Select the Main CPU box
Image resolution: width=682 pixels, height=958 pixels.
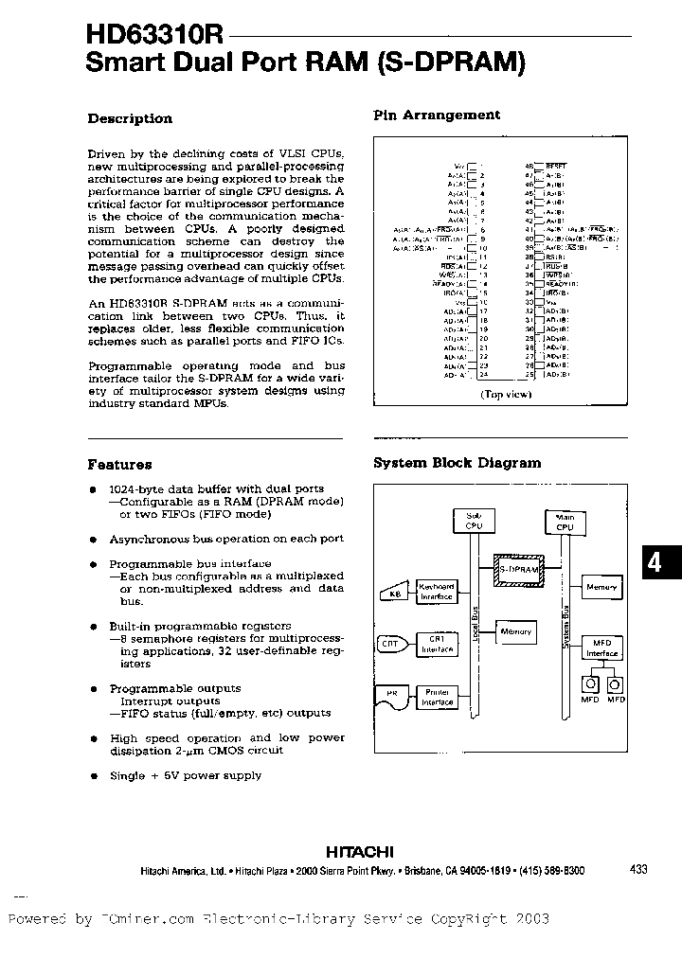click(x=566, y=521)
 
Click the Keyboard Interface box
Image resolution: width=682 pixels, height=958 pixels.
click(x=438, y=592)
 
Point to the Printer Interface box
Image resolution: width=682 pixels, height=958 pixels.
click(x=438, y=698)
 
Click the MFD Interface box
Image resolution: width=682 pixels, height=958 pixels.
click(x=601, y=648)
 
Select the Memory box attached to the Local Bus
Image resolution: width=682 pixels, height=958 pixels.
click(x=516, y=631)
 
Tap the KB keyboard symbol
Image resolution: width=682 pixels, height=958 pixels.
click(x=396, y=594)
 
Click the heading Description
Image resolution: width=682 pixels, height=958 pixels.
click(x=130, y=119)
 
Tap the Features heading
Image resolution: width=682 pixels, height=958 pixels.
click(x=119, y=465)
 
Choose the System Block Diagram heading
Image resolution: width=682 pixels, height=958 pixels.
click(x=457, y=463)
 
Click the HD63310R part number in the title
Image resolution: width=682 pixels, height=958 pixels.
click(x=154, y=35)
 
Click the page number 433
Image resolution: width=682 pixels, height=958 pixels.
click(x=637, y=869)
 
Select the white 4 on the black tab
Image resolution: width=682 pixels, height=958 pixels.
click(x=655, y=563)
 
